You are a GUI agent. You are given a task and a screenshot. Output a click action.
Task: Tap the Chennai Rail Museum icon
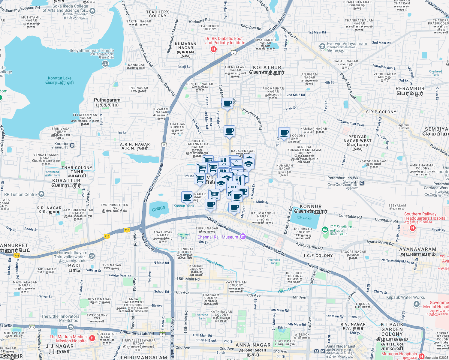pos(243,237)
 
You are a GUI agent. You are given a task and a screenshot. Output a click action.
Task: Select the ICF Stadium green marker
pos(325,230)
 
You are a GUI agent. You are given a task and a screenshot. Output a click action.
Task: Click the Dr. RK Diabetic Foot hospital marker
pos(213,49)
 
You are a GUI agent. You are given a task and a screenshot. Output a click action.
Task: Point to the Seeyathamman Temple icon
pos(105,64)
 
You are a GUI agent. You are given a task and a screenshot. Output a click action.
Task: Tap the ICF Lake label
pos(304,217)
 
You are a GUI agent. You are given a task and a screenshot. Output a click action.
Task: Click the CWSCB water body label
pos(158,208)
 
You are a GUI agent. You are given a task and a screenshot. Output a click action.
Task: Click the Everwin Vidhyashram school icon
pos(322,46)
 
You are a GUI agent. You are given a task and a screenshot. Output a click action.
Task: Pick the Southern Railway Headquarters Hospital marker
pos(413,228)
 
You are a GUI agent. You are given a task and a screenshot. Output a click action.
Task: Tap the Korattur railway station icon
pos(72,145)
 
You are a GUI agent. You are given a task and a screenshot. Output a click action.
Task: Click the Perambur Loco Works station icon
pos(362,183)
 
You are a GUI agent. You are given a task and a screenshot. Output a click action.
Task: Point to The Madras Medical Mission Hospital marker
pos(92,338)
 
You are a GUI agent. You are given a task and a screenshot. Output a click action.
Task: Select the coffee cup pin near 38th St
pos(284,133)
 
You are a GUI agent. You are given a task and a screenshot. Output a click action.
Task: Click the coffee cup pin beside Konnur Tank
pos(187,197)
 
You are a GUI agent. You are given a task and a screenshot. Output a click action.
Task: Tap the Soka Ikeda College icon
pos(92,11)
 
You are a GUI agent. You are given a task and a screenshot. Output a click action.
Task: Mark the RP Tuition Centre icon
pos(41,194)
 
